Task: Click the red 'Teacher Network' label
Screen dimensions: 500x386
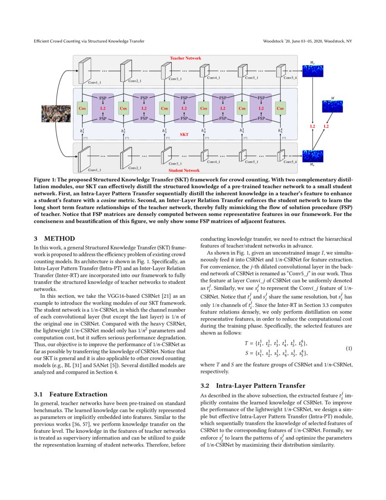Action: pyautogui.click(x=185, y=58)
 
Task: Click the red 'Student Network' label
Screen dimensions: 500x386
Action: pyautogui.click(x=184, y=170)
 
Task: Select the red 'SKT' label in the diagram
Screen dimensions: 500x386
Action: pyautogui.click(x=184, y=135)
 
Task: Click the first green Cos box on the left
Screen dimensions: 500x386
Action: pyautogui.click(x=82, y=109)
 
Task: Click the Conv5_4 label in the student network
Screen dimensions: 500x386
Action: pyautogui.click(x=290, y=162)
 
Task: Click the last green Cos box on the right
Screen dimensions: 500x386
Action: pyautogui.click(x=280, y=109)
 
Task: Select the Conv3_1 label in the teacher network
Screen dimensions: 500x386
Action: pyautogui.click(x=176, y=79)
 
